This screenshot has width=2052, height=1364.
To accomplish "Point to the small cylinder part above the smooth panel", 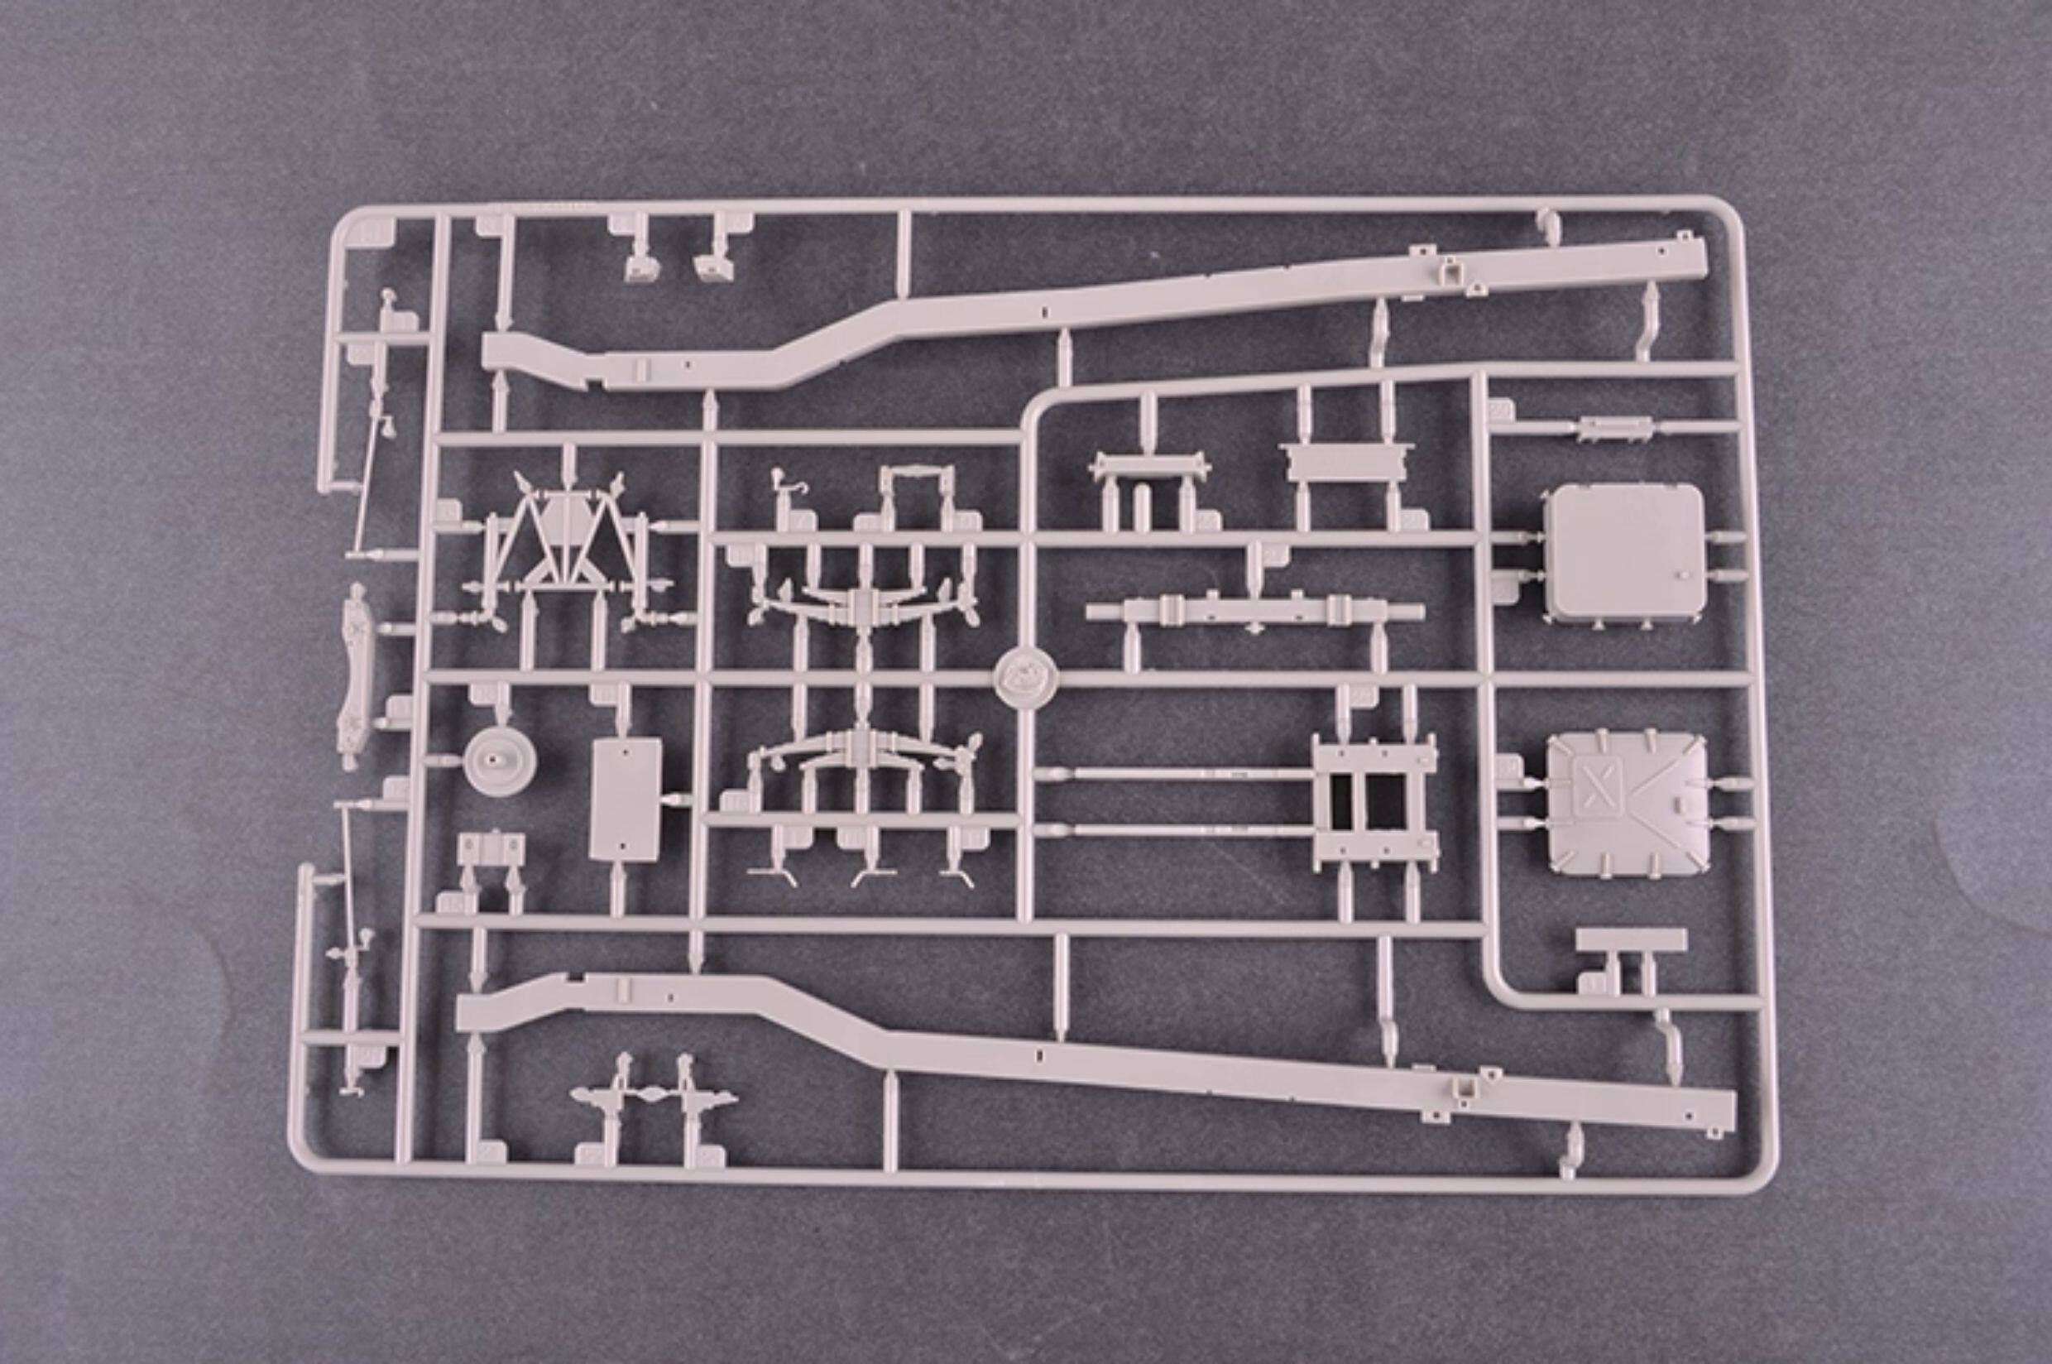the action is click(x=1614, y=427).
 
